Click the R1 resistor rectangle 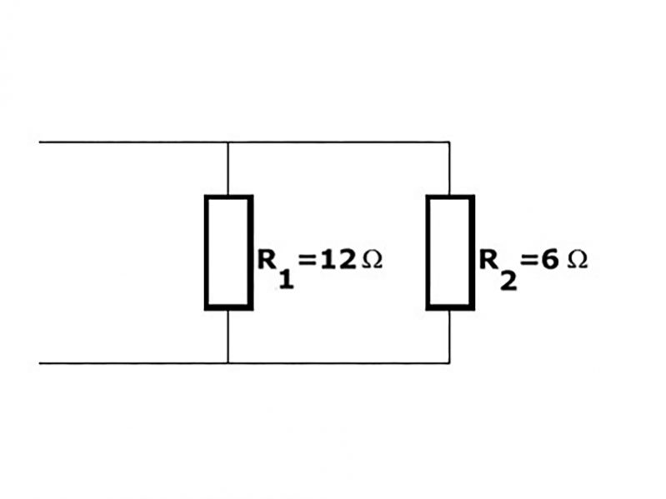pyautogui.click(x=228, y=252)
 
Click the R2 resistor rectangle pyautogui.click(x=450, y=252)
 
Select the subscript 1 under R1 pyautogui.click(x=286, y=279)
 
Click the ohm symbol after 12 pyautogui.click(x=372, y=260)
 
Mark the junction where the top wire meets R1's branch pyautogui.click(x=228, y=142)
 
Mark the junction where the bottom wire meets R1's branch pyautogui.click(x=228, y=363)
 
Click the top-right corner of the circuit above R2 pyautogui.click(x=450, y=142)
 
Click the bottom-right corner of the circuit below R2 pyautogui.click(x=450, y=363)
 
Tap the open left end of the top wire pyautogui.click(x=40, y=142)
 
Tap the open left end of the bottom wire pyautogui.click(x=40, y=363)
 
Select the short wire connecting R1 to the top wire pyautogui.click(x=228, y=169)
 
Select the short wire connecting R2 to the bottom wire pyautogui.click(x=450, y=337)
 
